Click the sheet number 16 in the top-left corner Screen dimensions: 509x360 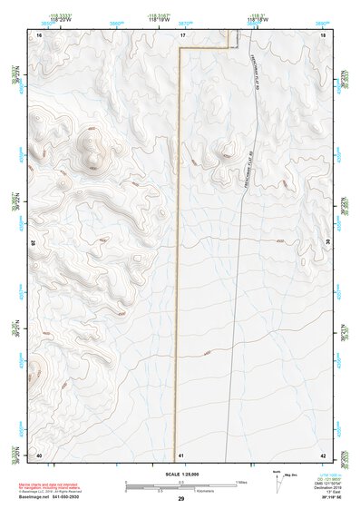[x=39, y=34]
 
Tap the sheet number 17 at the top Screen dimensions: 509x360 [x=181, y=34]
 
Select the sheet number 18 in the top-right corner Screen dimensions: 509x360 [x=324, y=34]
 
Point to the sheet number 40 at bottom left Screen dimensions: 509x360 [x=39, y=454]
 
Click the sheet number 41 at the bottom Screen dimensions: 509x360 [x=181, y=454]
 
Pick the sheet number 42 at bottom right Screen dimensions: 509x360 [x=324, y=454]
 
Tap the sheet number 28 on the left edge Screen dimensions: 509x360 [x=34, y=243]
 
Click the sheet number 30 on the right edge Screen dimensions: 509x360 [x=328, y=243]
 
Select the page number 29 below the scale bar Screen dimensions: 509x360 [x=181, y=499]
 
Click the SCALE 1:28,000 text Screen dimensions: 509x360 [x=181, y=475]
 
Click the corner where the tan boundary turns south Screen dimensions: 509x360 [x=180, y=47]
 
